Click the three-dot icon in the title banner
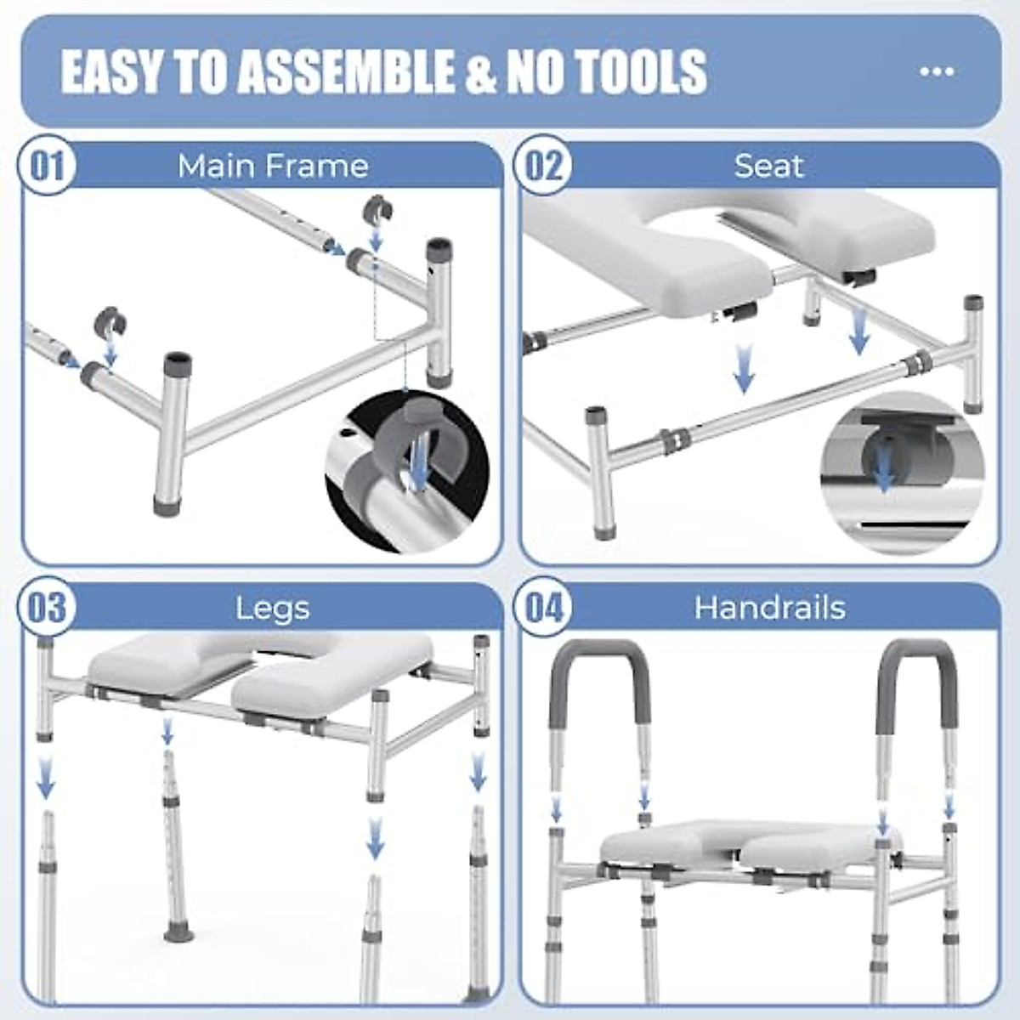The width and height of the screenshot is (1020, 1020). click(x=937, y=71)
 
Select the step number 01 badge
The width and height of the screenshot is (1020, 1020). click(x=48, y=167)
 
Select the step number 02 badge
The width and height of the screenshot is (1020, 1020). click(x=543, y=167)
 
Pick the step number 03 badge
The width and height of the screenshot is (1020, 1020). click(x=48, y=607)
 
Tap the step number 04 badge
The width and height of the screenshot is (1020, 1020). click(x=543, y=607)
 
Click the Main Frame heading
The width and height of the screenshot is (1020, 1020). click(x=273, y=166)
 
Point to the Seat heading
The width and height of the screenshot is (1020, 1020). click(x=768, y=166)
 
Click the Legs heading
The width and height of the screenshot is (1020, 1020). click(x=272, y=609)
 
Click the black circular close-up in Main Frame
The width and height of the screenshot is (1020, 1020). click(x=407, y=472)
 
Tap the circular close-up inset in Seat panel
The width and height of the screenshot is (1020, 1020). click(x=903, y=473)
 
